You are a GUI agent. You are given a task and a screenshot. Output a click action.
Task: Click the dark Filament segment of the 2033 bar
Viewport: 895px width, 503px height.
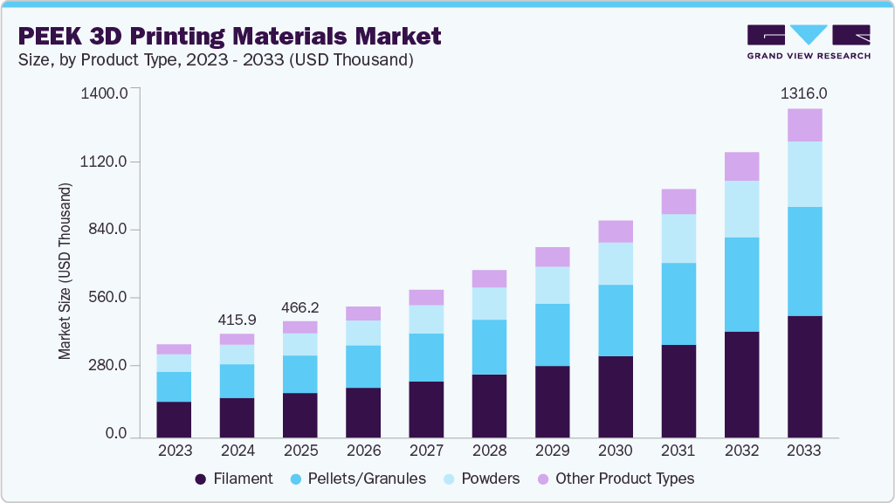click(x=804, y=376)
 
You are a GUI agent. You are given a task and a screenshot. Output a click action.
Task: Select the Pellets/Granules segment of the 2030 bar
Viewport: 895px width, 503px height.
click(x=615, y=320)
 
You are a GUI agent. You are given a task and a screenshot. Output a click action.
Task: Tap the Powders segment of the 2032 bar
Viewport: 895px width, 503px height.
click(x=741, y=210)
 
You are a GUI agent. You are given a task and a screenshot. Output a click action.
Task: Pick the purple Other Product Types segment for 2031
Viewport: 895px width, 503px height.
click(x=678, y=202)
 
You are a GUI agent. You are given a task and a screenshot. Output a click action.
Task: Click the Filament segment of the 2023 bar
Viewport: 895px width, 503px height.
click(x=174, y=419)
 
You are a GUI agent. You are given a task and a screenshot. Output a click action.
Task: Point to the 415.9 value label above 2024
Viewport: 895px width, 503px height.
click(x=237, y=320)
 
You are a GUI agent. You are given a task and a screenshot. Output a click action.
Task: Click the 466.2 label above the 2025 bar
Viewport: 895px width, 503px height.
click(x=299, y=307)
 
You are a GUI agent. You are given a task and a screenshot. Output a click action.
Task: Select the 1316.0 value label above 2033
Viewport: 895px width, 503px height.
click(x=804, y=93)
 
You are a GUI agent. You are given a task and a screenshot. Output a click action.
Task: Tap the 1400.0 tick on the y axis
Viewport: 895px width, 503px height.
click(x=104, y=93)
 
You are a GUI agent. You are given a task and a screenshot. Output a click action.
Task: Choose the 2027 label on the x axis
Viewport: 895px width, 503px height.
click(x=426, y=451)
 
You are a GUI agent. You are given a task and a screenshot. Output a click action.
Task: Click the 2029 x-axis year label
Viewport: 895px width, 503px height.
click(x=552, y=451)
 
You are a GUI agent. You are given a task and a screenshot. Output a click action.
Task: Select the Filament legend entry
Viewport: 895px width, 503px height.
click(x=234, y=479)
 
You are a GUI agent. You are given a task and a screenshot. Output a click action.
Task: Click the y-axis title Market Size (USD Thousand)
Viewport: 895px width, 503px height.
click(x=65, y=272)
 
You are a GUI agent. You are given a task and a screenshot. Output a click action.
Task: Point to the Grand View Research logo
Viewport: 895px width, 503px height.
click(x=808, y=41)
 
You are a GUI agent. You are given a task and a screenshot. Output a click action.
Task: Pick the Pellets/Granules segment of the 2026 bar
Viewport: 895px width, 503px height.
click(x=362, y=367)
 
